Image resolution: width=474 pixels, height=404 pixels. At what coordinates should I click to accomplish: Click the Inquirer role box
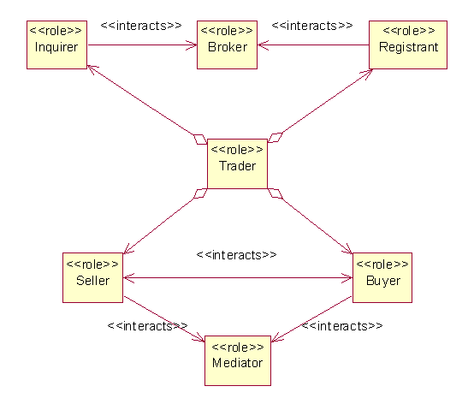tap(56, 45)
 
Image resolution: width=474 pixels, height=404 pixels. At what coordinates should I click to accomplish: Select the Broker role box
tap(227, 45)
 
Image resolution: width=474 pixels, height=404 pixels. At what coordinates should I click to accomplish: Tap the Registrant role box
tap(408, 45)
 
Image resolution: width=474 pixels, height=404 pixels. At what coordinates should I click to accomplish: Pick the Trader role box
tap(237, 163)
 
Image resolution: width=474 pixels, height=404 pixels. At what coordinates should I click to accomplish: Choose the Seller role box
tap(92, 277)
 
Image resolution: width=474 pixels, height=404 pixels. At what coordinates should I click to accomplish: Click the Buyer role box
tap(382, 277)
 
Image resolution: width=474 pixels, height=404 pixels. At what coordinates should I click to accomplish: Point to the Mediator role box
tap(238, 360)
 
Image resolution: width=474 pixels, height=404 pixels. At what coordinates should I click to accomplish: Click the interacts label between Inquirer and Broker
tap(141, 26)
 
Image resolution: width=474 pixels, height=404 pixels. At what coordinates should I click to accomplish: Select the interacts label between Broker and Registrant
tap(312, 26)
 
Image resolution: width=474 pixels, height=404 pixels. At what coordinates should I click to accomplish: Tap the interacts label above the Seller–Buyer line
tap(236, 255)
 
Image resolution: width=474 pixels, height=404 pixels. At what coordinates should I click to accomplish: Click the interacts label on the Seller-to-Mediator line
tap(147, 326)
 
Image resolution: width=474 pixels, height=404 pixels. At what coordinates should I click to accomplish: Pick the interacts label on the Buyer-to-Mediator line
tap(342, 326)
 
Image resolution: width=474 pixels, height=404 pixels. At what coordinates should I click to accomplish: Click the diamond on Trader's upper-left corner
tap(200, 140)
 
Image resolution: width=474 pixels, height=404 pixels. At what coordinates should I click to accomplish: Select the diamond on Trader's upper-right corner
tap(276, 138)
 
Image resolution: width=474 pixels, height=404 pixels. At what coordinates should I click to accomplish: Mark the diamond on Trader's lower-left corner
tap(200, 193)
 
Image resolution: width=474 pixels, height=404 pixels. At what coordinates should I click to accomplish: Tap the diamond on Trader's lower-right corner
tap(276, 193)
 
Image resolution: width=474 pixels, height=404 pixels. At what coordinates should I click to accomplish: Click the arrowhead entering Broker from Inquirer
tap(192, 45)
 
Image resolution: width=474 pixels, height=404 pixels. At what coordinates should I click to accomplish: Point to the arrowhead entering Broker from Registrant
tap(263, 45)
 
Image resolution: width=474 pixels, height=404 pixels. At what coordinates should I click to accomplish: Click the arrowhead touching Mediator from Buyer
tap(277, 337)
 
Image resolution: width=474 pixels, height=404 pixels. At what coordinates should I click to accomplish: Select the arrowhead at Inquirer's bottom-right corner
tap(92, 69)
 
